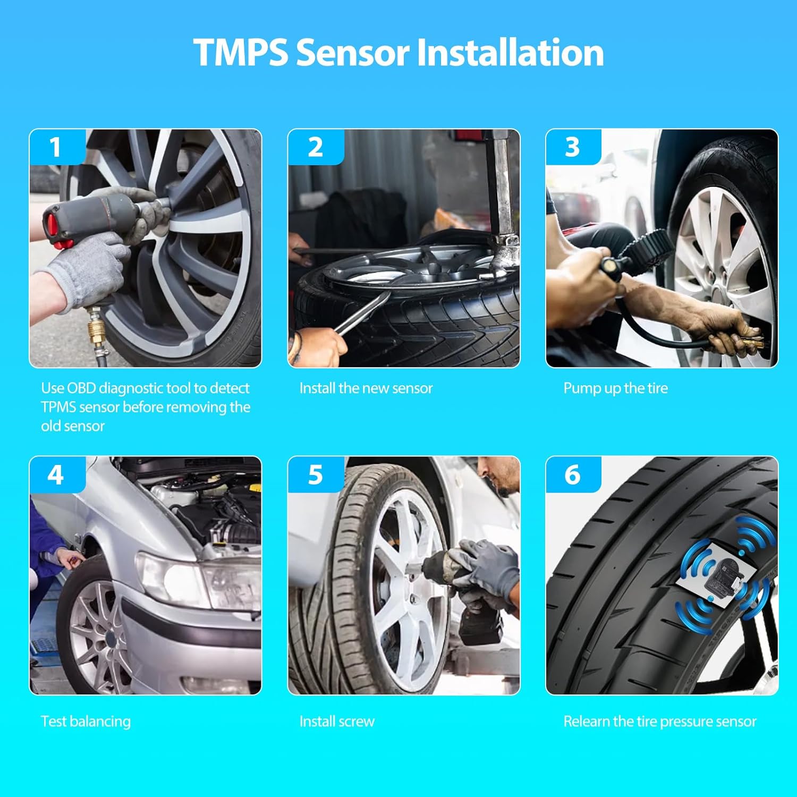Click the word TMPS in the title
(240, 53)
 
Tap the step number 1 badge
(56, 147)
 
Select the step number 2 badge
(315, 147)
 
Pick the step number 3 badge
(572, 147)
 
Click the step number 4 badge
(56, 474)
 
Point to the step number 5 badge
(315, 474)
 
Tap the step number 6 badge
(572, 474)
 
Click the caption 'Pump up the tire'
(615, 388)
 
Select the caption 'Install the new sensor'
(366, 388)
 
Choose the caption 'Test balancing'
(86, 722)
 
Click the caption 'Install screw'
(337, 722)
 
